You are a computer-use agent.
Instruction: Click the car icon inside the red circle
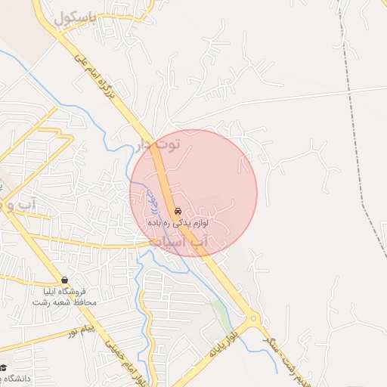178,211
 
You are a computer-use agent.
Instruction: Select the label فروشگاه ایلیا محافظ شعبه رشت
64,296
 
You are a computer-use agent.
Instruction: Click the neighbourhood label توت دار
159,144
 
